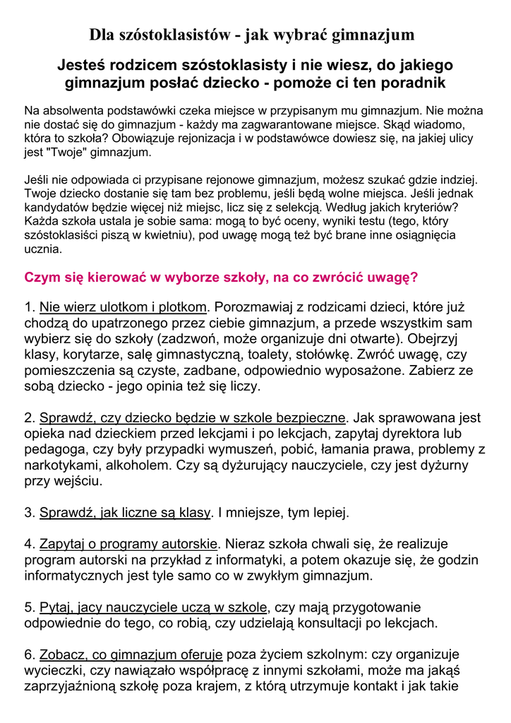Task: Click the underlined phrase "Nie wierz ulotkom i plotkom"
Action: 124,307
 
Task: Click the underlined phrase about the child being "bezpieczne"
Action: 193,418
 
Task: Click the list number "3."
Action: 30,513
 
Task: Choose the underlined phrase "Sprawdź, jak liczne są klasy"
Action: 125,513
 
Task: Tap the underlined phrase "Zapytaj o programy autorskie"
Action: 128,544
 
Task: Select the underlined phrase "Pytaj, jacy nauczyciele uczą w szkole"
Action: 153,607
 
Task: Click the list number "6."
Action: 30,655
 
